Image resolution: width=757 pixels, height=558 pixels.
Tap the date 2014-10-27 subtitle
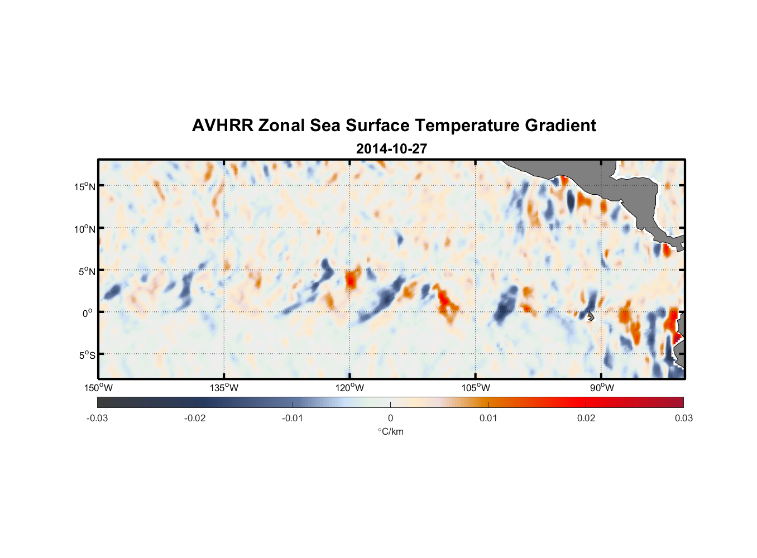(391, 149)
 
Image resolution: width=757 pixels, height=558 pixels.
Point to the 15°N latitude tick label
(85, 186)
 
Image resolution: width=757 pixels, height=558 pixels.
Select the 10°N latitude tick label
(85, 229)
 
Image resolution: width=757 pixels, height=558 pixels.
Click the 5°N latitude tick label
(87, 271)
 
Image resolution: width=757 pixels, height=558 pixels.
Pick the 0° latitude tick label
(88, 313)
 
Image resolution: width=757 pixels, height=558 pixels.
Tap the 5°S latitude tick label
(87, 355)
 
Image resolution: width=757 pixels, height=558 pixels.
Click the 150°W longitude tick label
(98, 388)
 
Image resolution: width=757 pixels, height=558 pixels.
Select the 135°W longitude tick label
(224, 388)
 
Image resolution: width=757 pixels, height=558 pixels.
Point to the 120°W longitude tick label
(350, 388)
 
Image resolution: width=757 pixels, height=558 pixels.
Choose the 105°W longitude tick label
(476, 388)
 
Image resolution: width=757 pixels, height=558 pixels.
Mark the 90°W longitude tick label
(602, 388)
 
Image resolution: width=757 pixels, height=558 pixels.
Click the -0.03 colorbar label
(97, 419)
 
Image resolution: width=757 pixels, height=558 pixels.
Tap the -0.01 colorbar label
(293, 419)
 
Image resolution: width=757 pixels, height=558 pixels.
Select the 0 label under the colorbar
(390, 419)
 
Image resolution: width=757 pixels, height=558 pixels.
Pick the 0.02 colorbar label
(586, 419)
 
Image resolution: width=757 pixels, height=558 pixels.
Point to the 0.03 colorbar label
(683, 419)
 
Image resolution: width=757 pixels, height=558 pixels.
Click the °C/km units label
(391, 432)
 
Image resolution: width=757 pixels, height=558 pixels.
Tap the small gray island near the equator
(590, 316)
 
